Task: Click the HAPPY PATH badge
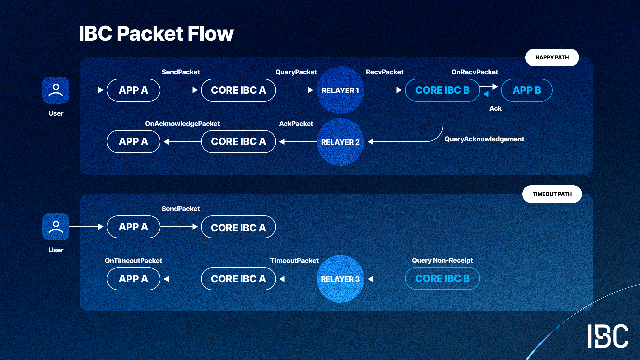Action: click(x=552, y=57)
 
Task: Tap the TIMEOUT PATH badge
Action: click(x=552, y=194)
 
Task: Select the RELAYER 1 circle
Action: click(x=340, y=90)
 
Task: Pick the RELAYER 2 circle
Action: click(x=340, y=142)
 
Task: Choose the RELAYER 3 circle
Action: click(x=340, y=279)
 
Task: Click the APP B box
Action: click(x=527, y=90)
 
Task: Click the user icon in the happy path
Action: click(x=56, y=90)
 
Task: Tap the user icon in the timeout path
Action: click(x=56, y=227)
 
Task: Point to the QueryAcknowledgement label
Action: click(x=484, y=139)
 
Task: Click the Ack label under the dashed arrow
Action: click(x=495, y=108)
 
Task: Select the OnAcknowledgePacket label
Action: click(x=182, y=124)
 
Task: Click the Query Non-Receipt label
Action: click(x=442, y=260)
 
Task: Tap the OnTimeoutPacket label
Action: click(x=133, y=261)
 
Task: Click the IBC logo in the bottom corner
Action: click(x=608, y=336)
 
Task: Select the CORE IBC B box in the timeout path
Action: click(x=442, y=279)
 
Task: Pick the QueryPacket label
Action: click(x=296, y=72)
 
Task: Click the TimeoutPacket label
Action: click(x=294, y=261)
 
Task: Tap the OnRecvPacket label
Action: click(x=474, y=72)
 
